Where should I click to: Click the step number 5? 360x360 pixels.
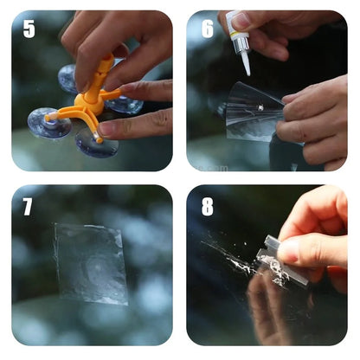tap(29, 29)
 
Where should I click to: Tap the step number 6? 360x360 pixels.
tap(208, 29)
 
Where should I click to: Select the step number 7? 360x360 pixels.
tap(28, 207)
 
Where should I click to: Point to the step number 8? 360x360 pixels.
tap(208, 207)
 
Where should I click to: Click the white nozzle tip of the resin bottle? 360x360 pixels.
tap(246, 64)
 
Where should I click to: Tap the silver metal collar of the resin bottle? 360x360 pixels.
tap(241, 45)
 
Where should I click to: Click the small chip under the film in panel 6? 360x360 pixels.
tap(260, 108)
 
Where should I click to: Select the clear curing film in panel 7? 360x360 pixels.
tap(91, 263)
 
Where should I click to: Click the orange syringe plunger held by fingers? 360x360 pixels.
tap(102, 72)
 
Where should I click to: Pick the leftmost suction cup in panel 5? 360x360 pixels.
tap(49, 123)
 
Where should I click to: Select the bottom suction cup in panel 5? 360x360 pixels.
tap(96, 144)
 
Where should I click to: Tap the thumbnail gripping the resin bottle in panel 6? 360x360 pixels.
tap(241, 20)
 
